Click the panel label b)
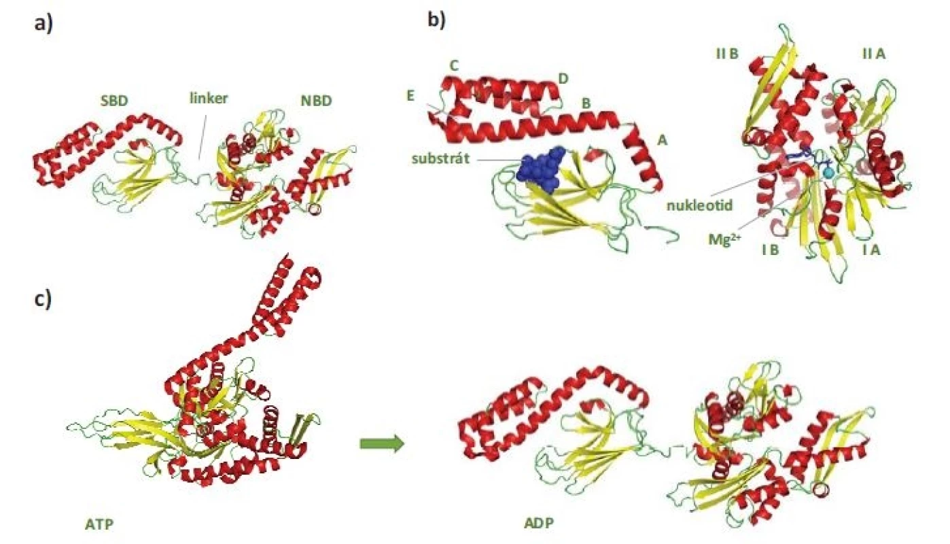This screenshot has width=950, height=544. coord(436,20)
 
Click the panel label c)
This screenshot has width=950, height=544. coord(43,299)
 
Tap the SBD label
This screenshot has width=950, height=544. coord(115,101)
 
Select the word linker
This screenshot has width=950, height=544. coord(209,99)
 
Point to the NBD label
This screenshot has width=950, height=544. coord(317,101)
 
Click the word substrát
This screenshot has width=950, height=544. coord(440,158)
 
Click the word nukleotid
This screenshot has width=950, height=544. coord(700,206)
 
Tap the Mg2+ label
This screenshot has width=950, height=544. coord(724,240)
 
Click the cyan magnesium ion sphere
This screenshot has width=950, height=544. coord(828,173)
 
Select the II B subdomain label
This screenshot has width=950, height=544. coord(727,54)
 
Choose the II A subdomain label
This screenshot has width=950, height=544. coord(874,54)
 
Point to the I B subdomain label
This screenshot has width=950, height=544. coord(771,250)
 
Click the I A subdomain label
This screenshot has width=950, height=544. coord(872,250)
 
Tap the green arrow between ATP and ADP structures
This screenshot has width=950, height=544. coord(382,444)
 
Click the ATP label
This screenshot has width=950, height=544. coord(99,524)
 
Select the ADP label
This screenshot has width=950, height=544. coord(539,523)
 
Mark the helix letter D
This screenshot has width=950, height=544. coord(563,78)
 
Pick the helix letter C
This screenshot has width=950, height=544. coord(454,66)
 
